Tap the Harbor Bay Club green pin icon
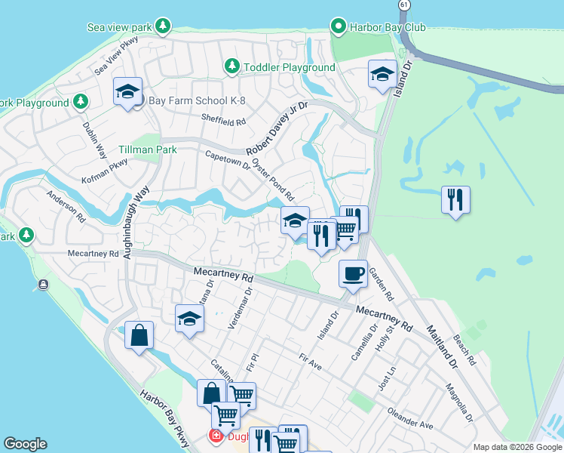[339, 27]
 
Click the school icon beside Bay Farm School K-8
[128, 92]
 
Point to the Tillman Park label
[147, 149]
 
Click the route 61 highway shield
[404, 5]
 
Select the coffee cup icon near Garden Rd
[353, 273]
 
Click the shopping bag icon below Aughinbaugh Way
[139, 335]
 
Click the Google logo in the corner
[25, 444]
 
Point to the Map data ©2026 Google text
[516, 447]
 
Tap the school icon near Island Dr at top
[382, 74]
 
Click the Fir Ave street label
[310, 362]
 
